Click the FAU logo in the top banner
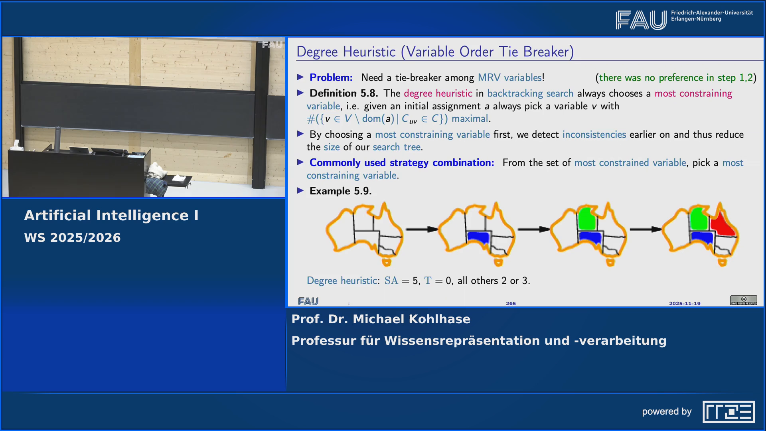tap(641, 20)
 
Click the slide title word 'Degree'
tap(317, 52)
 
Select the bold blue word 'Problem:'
tap(331, 77)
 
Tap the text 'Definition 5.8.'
tap(344, 93)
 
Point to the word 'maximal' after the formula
tap(470, 119)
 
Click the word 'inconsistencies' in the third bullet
tap(594, 134)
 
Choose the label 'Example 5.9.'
tap(340, 191)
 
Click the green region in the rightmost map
tap(698, 219)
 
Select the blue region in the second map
tap(478, 237)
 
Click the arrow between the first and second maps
tap(422, 229)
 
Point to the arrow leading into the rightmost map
tap(646, 229)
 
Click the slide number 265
tap(511, 303)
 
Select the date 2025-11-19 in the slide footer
tap(685, 303)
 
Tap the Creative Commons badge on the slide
tap(744, 300)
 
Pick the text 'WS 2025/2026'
tap(72, 238)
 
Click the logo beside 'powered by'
tap(728, 411)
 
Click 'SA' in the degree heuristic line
tap(391, 281)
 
